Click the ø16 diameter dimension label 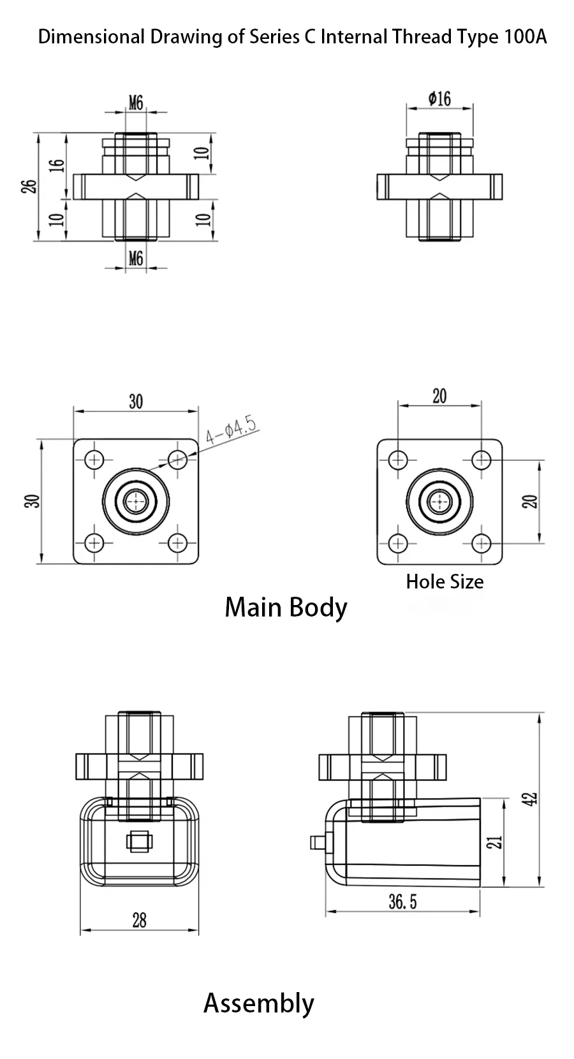(x=440, y=98)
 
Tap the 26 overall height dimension (x=29, y=186)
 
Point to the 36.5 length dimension (x=402, y=902)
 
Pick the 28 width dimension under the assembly (x=139, y=920)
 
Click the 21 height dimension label (x=498, y=842)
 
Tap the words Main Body (x=286, y=607)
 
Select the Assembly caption (x=258, y=1003)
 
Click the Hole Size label (x=445, y=581)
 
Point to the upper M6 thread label (x=136, y=102)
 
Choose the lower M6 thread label (x=136, y=258)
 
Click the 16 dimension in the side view (x=57, y=164)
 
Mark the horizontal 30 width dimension (x=136, y=402)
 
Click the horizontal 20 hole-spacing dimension (x=439, y=396)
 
